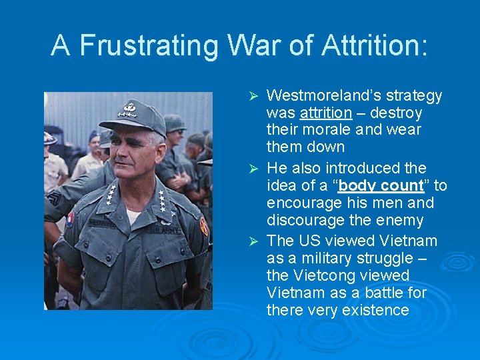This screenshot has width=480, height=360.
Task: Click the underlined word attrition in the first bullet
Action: [326, 113]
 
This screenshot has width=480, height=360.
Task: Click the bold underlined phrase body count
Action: [381, 185]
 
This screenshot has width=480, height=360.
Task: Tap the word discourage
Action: [304, 220]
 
